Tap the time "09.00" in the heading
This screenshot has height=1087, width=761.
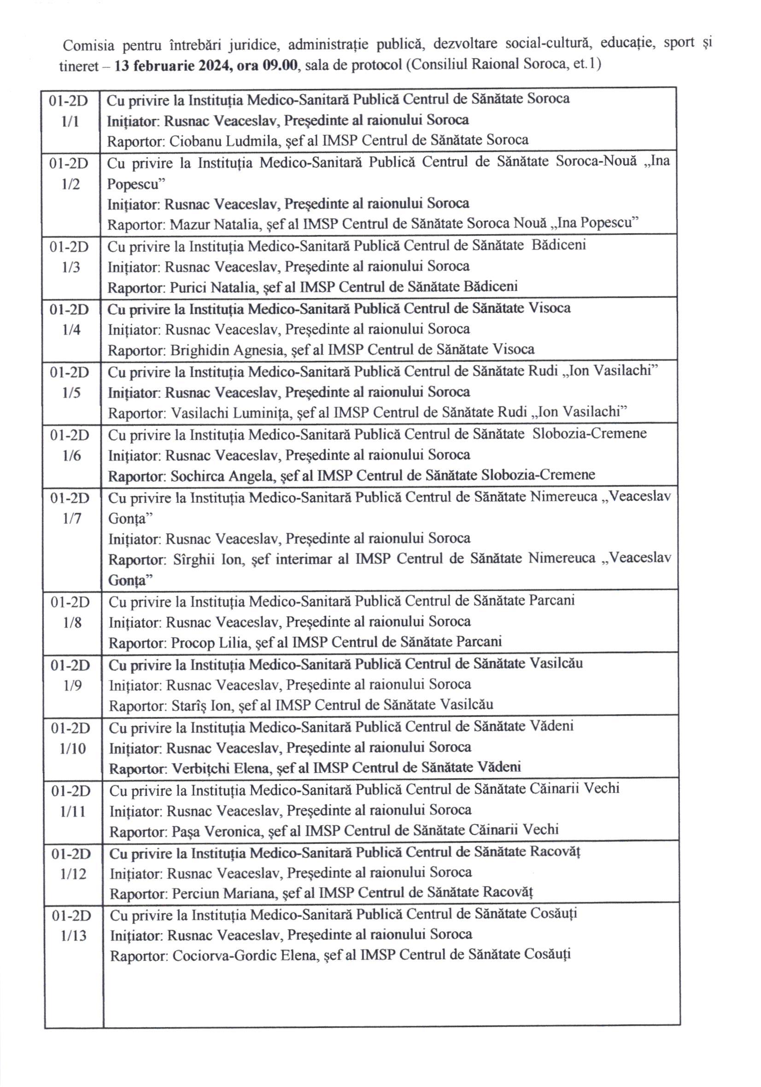tap(281, 65)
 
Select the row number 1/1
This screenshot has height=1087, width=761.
tap(70, 122)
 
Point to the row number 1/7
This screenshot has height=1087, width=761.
tap(71, 518)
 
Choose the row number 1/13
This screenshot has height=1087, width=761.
tap(74, 936)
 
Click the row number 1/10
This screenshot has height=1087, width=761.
tap(73, 748)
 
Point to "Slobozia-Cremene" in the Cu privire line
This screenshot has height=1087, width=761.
tap(589, 434)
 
